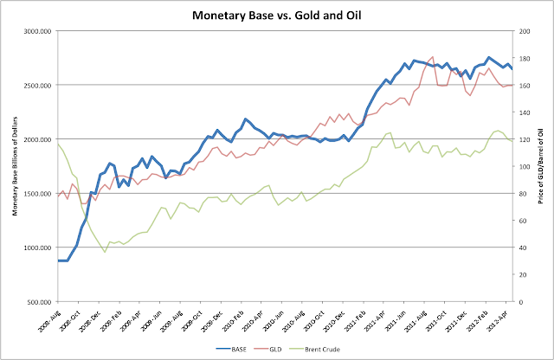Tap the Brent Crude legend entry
point(329,350)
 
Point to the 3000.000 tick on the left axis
point(38,30)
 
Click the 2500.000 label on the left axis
point(38,85)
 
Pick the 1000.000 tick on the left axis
point(38,248)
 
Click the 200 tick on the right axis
point(525,30)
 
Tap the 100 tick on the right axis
point(525,166)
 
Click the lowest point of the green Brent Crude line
point(105,252)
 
